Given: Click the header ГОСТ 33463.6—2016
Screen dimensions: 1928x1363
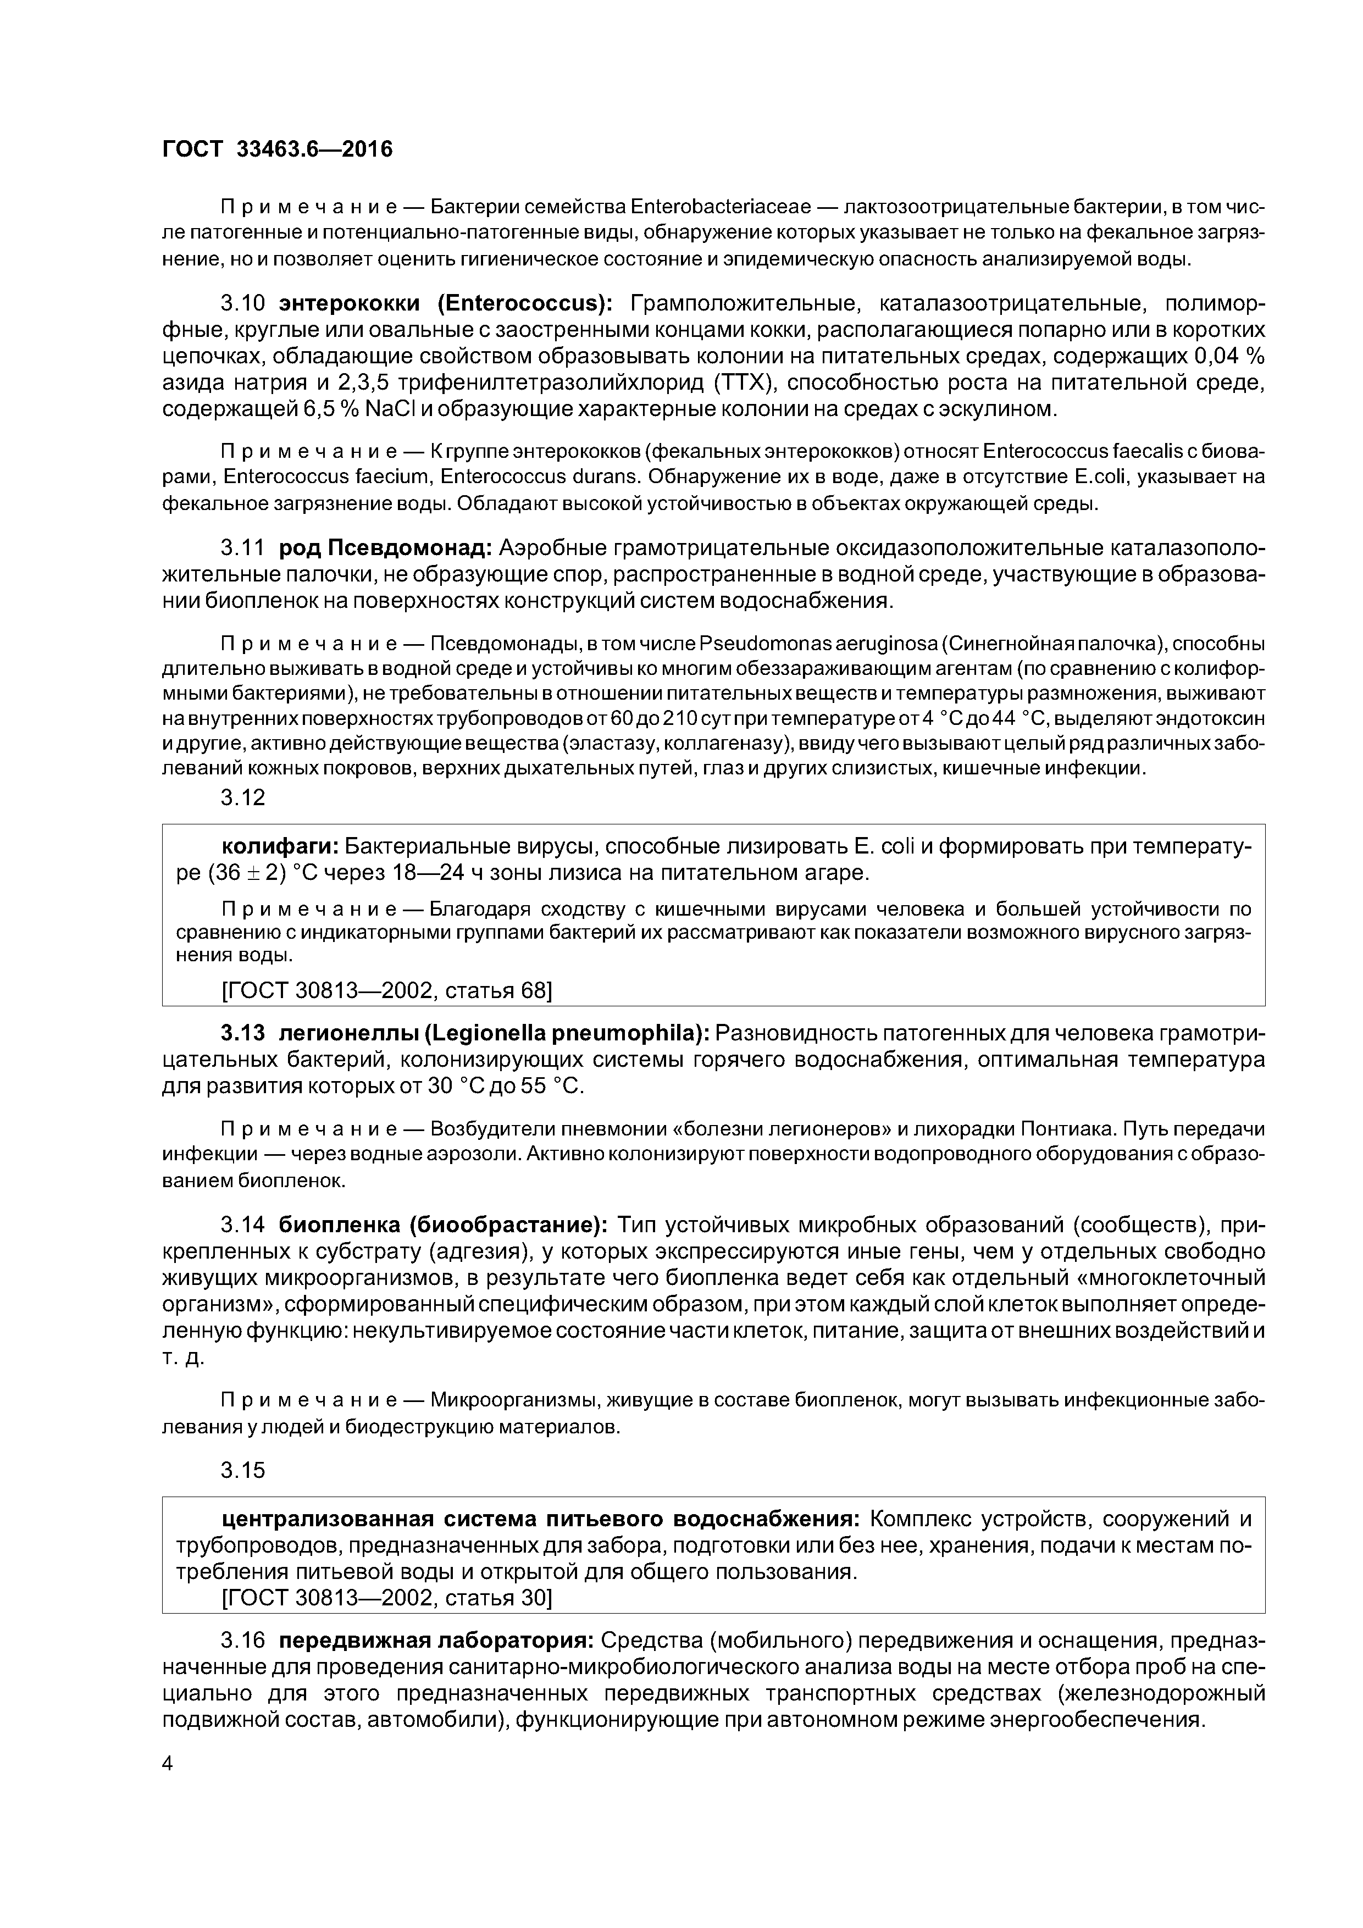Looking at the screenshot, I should tap(277, 149).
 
